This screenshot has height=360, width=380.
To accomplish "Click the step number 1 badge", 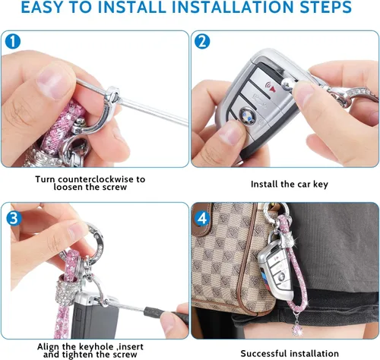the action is click(13, 41).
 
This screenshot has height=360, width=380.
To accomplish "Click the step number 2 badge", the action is click(202, 41).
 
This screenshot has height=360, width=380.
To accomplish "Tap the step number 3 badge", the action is click(14, 218).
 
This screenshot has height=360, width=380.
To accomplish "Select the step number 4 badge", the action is click(202, 218).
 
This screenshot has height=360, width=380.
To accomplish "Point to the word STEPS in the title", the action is click(326, 7).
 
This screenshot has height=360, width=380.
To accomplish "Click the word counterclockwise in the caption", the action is click(95, 179).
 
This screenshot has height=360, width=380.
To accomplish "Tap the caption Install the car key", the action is click(290, 184).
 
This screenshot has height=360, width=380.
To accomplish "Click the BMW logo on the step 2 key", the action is click(247, 115).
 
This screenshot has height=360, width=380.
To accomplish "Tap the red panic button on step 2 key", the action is click(271, 87).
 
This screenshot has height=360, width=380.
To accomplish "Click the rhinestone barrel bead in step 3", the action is click(66, 291).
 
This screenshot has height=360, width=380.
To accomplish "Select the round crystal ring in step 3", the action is click(93, 242).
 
